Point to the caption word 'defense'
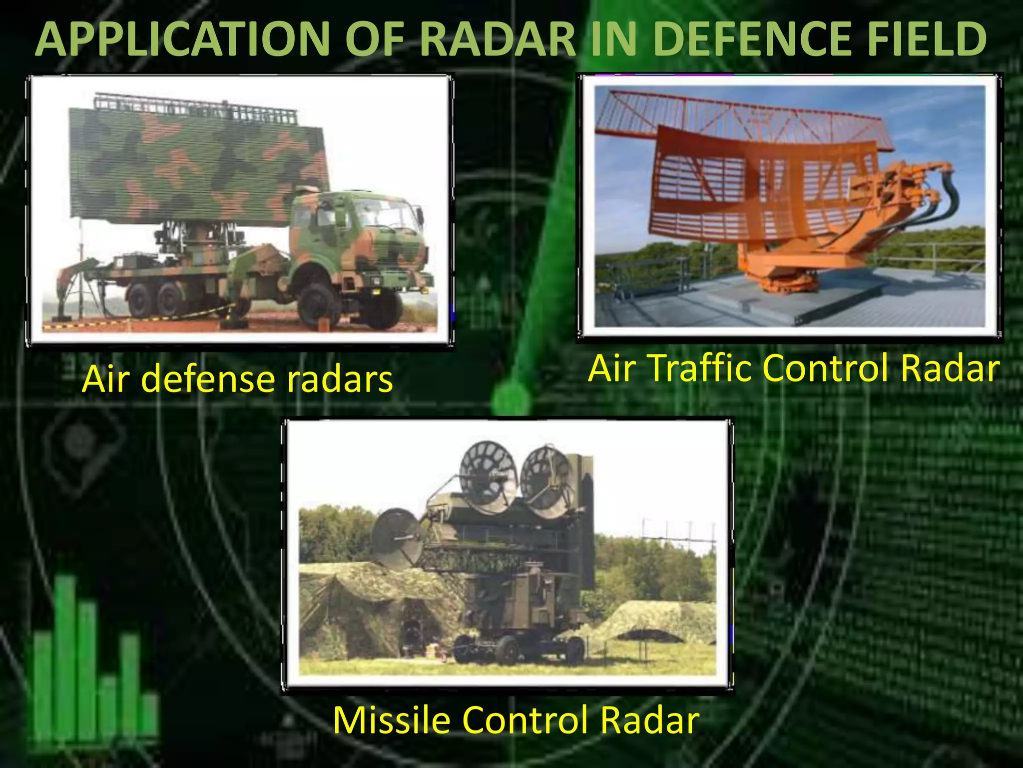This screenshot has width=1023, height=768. click(210, 379)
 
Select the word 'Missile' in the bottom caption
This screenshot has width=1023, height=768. click(392, 720)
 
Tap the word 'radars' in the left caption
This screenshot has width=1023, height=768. click(340, 379)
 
